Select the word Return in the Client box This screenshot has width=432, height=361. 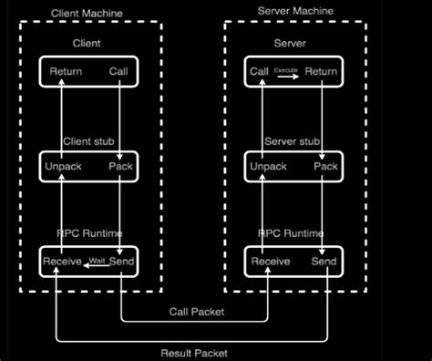point(66,71)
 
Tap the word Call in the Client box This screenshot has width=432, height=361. point(119,71)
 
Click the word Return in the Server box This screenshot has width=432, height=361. point(321,71)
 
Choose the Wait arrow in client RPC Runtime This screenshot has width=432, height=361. point(98,263)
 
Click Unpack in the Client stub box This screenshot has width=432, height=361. point(65,167)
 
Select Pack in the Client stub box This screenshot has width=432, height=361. point(120,167)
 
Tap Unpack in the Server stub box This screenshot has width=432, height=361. point(268,167)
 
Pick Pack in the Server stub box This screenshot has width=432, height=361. point(324,167)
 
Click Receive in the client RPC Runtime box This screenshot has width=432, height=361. point(63,263)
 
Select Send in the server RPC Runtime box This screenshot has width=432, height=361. point(324,263)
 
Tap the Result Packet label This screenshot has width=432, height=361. point(194,352)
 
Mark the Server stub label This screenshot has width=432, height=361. point(292,141)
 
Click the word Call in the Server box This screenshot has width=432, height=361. point(259,71)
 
